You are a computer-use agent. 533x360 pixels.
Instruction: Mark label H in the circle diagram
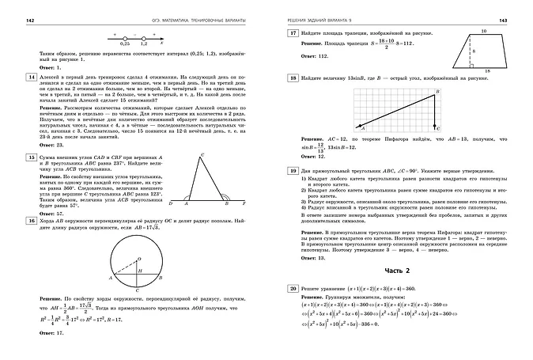coord(139,271)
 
